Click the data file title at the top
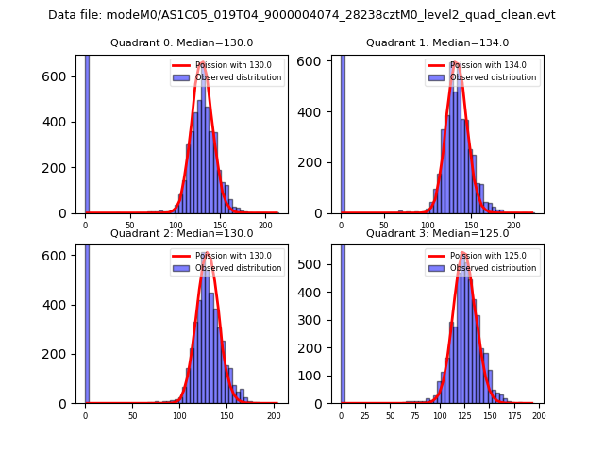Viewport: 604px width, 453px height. [301, 15]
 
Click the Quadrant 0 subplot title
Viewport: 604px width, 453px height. [181, 42]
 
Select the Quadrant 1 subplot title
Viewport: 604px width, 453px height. [437, 42]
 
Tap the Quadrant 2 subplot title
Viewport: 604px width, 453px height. [181, 233]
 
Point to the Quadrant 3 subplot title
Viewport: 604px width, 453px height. [437, 233]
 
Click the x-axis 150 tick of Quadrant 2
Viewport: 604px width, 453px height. [226, 415]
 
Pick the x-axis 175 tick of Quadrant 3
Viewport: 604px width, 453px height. [514, 415]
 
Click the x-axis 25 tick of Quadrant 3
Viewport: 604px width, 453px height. [365, 415]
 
